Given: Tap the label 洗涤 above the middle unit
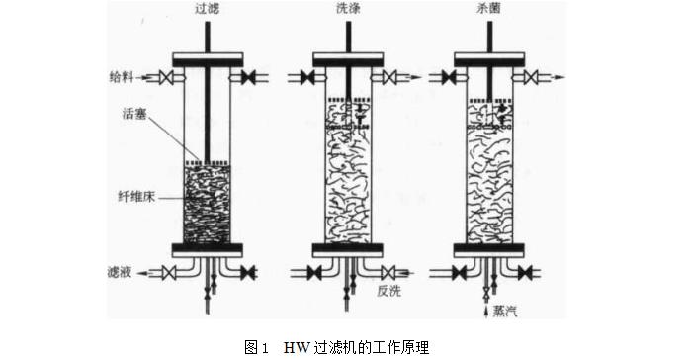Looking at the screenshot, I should pyautogui.click(x=347, y=9).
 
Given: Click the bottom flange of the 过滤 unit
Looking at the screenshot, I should pyautogui.click(x=208, y=247).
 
